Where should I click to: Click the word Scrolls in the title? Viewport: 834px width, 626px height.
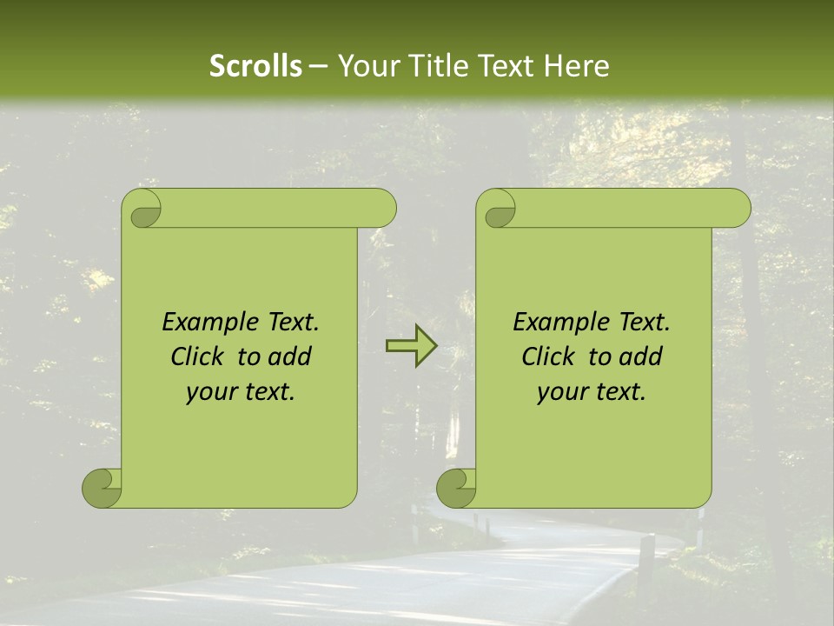[x=256, y=65]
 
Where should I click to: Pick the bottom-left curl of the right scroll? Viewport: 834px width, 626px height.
[x=456, y=487]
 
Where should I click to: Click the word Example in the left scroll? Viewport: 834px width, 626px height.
[x=200, y=323]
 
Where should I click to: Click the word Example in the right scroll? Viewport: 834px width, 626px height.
[x=551, y=323]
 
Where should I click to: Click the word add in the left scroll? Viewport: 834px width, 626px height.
[x=290, y=356]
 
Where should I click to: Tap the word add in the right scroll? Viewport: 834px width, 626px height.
[x=641, y=356]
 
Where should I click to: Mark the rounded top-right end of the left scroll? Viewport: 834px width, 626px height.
[x=382, y=209]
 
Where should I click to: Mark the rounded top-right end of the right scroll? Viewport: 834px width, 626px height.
[x=737, y=209]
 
